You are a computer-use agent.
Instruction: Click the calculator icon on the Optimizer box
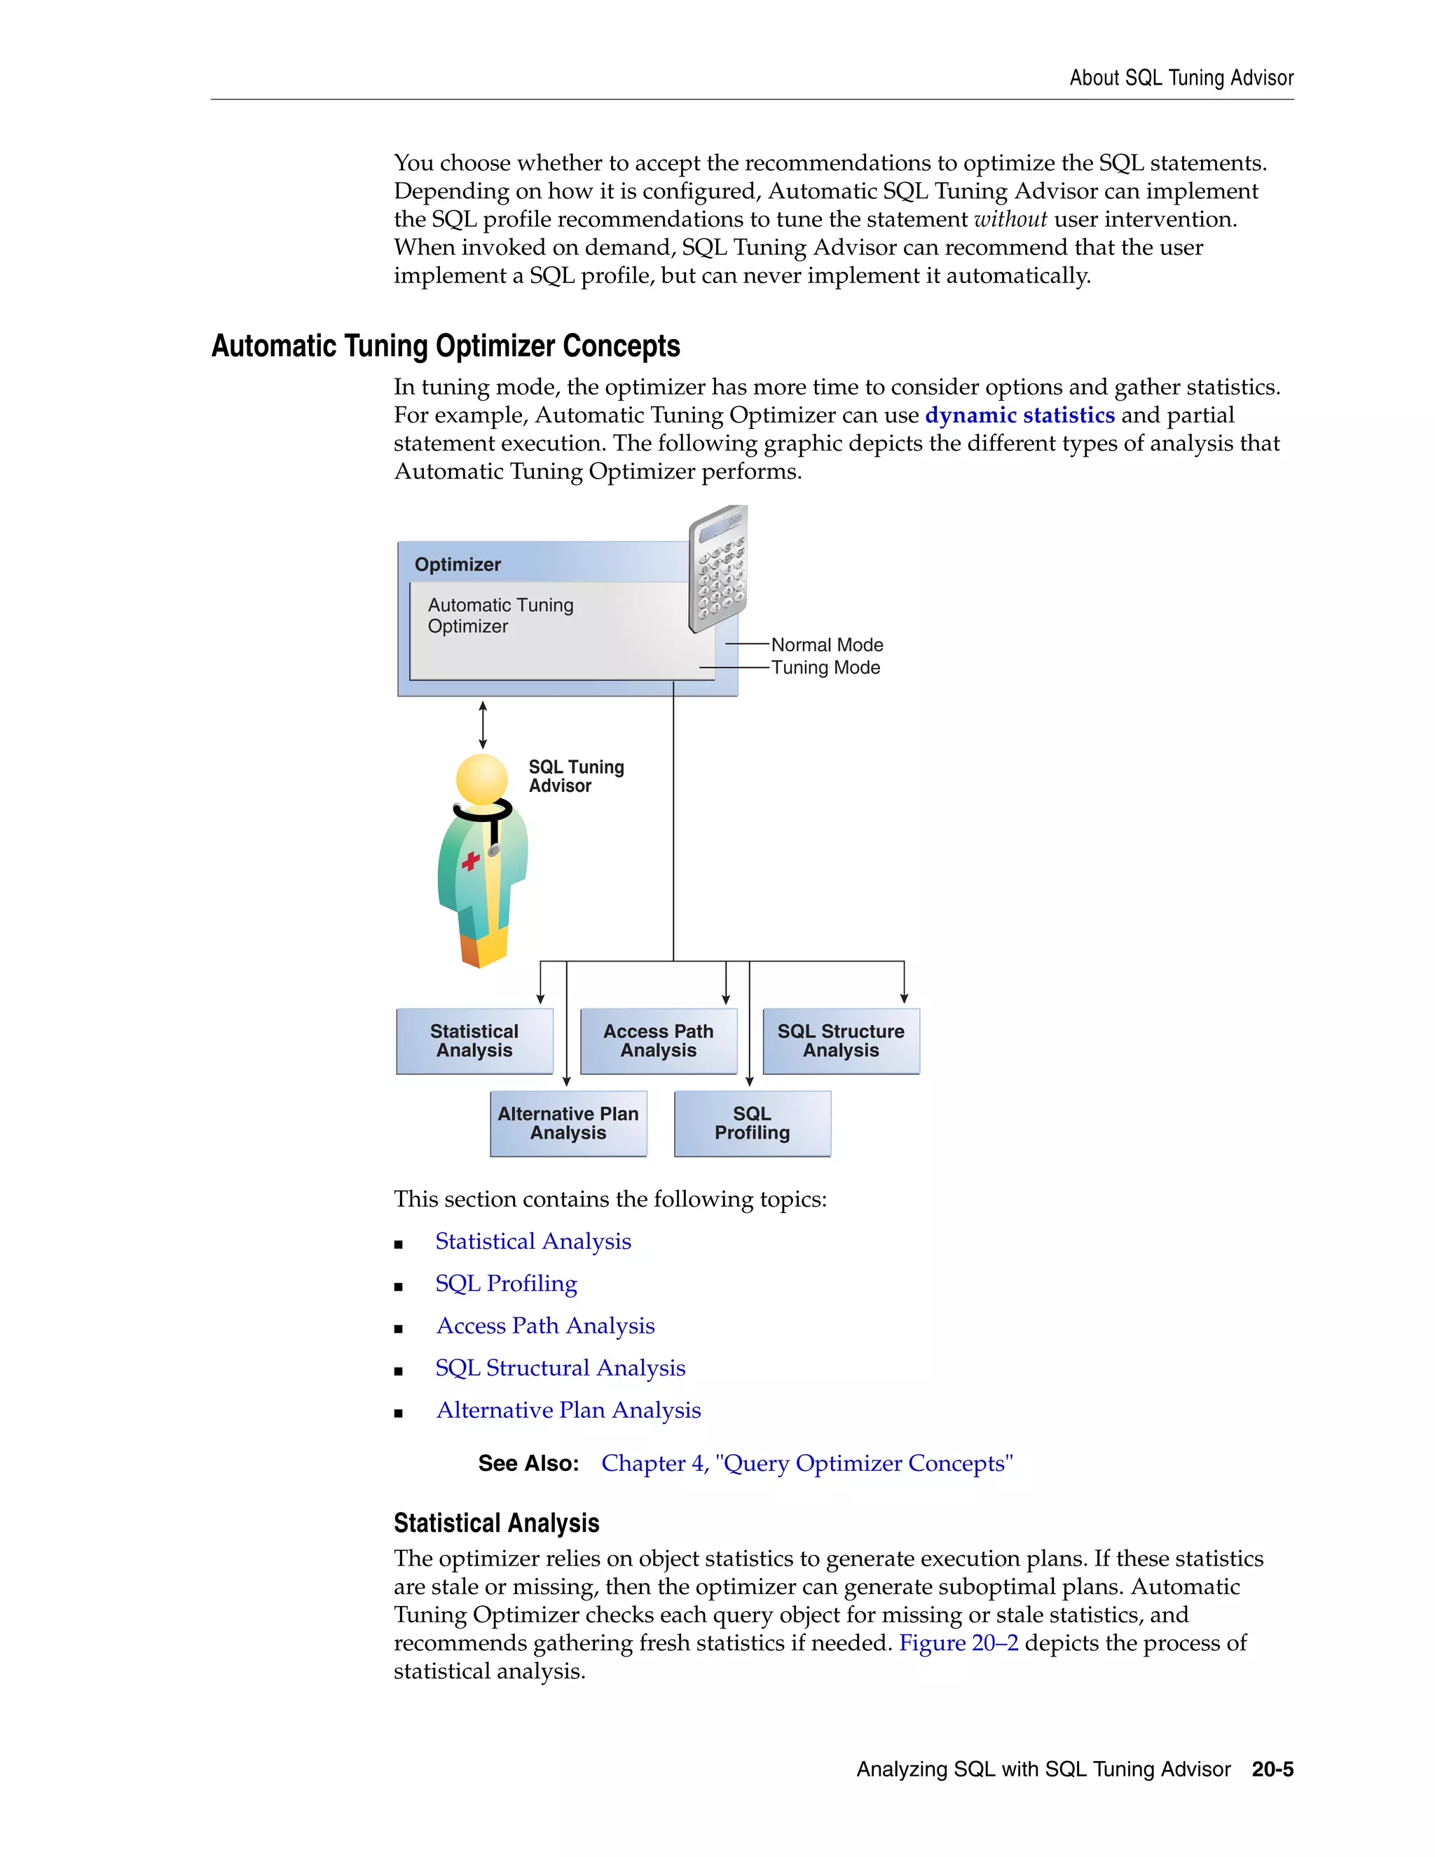pos(718,568)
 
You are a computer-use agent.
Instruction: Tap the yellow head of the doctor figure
pos(481,778)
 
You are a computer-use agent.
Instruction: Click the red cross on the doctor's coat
pos(470,862)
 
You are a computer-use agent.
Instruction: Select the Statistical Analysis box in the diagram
pos(474,1041)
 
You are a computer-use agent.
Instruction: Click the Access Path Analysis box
pos(658,1041)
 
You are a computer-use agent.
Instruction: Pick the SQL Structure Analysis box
pos(841,1041)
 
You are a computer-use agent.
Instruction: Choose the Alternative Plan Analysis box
pos(568,1123)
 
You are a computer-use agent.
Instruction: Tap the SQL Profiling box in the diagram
pos(752,1123)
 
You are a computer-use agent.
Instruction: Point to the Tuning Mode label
pos(825,667)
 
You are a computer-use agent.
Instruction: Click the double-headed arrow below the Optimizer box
pos(483,725)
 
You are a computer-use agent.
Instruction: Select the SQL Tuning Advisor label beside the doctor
pos(575,776)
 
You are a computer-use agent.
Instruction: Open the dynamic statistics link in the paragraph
pos(1019,415)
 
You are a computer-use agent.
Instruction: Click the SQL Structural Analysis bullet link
pos(561,1367)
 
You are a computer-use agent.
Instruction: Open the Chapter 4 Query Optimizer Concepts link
pos(806,1462)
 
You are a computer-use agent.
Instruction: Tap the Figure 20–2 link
pos(958,1643)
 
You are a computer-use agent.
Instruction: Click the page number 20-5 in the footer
pos(1272,1769)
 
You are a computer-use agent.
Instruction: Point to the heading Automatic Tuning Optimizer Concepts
pos(446,346)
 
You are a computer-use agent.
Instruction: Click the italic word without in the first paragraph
pos(1010,219)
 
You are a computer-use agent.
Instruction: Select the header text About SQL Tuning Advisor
pos(1181,77)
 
